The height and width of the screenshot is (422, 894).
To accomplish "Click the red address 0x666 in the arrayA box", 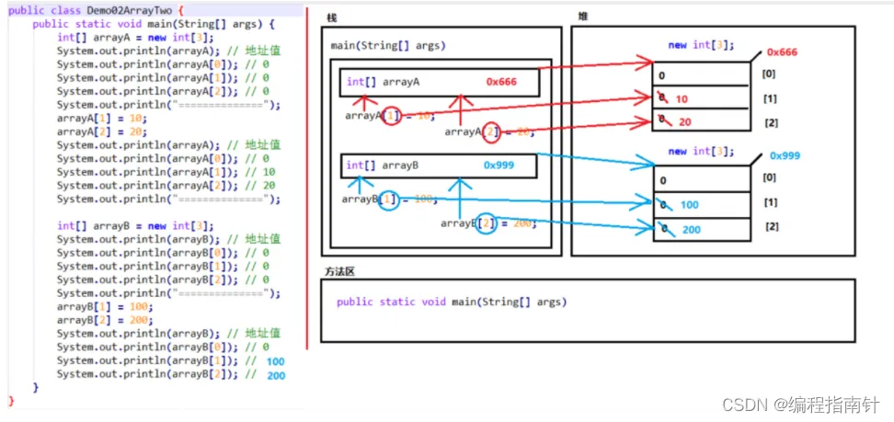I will (501, 82).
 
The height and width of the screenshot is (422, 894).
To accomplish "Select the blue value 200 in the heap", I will (692, 229).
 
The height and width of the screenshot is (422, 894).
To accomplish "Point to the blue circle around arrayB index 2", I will (487, 222).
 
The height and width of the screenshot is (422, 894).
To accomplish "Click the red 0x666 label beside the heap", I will (781, 52).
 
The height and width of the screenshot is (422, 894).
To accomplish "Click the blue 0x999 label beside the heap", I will (785, 155).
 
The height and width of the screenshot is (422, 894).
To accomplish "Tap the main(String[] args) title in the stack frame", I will (388, 45).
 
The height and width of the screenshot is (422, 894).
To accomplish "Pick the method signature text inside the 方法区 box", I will (451, 302).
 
